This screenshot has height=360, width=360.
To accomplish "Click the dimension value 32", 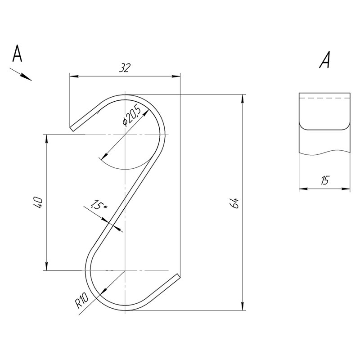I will coord(125,68).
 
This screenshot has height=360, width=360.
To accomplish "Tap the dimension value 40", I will coord(38,202).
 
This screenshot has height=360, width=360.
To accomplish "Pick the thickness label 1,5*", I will coord(98,205).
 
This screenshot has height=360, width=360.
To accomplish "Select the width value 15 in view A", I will coord(324,181).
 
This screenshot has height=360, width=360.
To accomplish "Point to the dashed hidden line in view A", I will coord(324,97).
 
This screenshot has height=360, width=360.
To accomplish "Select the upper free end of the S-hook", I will coord(72,128).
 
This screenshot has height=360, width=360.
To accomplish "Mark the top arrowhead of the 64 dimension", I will coord(243,98).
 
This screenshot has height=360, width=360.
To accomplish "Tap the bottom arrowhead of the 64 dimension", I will coord(243,306).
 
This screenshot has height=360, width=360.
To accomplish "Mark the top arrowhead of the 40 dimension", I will coord(46,138).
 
